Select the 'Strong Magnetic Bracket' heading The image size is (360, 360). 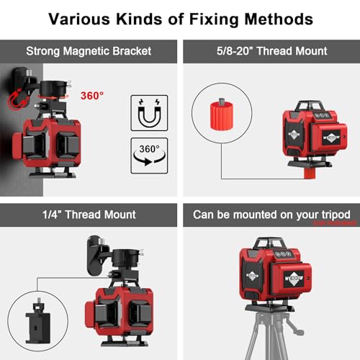click(x=89, y=51)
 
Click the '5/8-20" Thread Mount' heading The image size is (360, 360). click(x=271, y=51)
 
